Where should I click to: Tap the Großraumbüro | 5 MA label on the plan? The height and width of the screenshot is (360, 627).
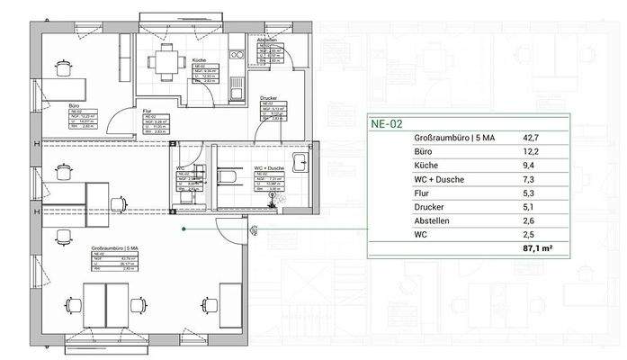coord(112,247)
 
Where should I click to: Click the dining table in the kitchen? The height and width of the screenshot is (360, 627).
coord(164,61)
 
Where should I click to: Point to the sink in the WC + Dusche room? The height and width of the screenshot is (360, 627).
coord(302,163)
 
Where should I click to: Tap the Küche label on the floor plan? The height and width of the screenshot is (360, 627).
coord(200,60)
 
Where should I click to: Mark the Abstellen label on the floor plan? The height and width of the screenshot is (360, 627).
coord(265,40)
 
